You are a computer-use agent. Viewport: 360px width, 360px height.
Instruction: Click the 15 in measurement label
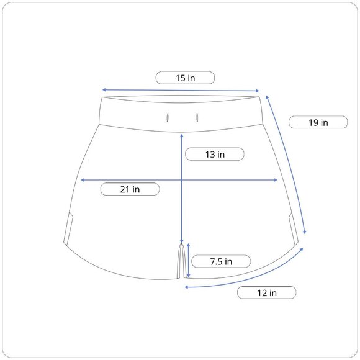coord(186,78)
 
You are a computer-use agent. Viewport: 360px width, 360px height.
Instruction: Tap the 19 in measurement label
coord(318,123)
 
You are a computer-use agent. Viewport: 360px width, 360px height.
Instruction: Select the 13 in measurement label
coord(215,155)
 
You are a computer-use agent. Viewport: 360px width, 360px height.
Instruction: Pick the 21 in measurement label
coord(130,189)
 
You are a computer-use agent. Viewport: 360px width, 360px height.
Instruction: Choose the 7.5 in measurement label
coord(221,261)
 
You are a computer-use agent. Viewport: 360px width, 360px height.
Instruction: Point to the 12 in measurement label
coord(267,293)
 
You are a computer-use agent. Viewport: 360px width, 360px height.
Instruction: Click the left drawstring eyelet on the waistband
coord(168,118)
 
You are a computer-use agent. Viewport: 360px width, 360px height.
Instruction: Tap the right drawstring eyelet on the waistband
coord(197,117)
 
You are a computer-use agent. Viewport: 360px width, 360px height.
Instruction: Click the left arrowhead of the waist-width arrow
coord(104,89)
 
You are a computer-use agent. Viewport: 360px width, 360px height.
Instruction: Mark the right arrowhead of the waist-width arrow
coord(258,91)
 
